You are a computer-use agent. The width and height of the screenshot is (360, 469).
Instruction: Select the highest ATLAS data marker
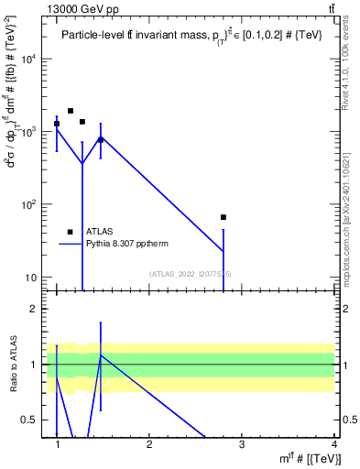[71, 111]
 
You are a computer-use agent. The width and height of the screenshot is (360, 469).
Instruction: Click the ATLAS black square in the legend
[71, 232]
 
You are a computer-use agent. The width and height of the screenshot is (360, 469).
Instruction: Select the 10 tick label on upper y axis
[31, 278]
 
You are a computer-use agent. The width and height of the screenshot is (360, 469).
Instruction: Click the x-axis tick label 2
[149, 445]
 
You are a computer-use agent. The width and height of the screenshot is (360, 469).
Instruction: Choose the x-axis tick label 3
[242, 445]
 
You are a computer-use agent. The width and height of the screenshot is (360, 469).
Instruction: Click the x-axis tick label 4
[333, 445]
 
